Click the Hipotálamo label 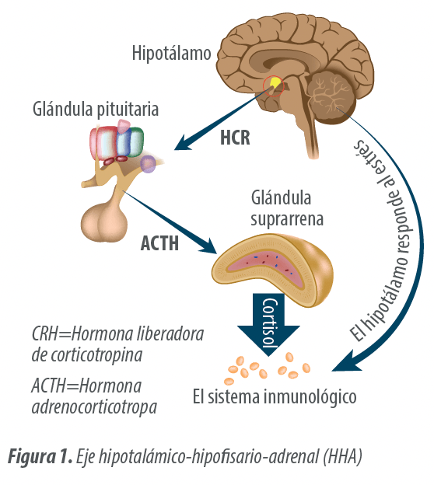tap(171, 53)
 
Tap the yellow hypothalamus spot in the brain tap(275, 82)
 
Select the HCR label tap(235, 138)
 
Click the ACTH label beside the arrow tap(159, 243)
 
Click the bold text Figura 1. tap(40, 456)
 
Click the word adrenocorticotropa tap(94, 407)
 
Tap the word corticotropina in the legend tap(96, 355)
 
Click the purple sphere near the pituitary tap(148, 164)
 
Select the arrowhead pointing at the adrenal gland tap(207, 246)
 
